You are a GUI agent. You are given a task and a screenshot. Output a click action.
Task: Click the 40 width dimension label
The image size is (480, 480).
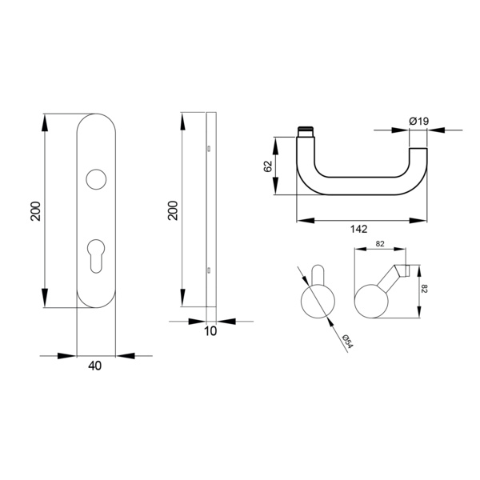(94, 366)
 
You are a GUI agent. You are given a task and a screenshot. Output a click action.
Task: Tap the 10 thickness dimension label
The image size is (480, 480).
(210, 331)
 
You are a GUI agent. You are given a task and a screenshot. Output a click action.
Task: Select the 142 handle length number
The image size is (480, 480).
(358, 229)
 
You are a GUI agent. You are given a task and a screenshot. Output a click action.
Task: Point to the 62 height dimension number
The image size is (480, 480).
(268, 166)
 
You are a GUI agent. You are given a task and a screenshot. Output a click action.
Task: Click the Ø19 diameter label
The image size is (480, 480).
(419, 122)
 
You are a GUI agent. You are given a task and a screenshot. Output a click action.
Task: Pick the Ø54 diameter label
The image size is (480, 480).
(347, 342)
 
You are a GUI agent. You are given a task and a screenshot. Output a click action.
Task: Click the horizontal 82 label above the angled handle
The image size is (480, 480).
(379, 244)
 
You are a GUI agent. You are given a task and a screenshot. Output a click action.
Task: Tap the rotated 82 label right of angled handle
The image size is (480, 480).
(424, 289)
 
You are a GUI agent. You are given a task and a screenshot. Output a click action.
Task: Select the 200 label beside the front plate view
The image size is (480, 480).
(35, 211)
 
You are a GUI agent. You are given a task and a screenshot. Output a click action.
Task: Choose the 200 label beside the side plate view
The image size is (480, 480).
(173, 210)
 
